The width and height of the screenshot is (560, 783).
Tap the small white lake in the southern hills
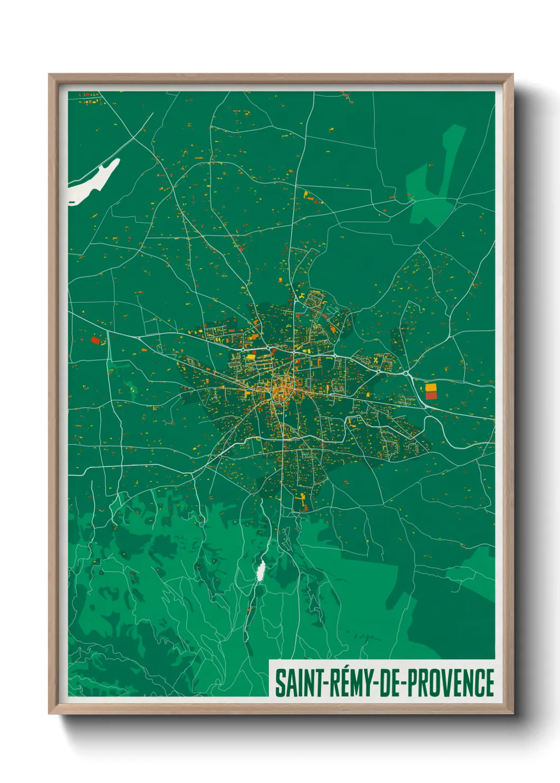pyautogui.click(x=260, y=571)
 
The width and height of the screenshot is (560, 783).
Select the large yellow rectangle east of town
pyautogui.click(x=431, y=387)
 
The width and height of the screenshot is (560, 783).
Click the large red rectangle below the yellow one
pyautogui.click(x=431, y=396)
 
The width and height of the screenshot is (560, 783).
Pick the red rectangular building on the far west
pyautogui.click(x=95, y=340)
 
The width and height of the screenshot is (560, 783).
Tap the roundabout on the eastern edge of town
pyautogui.click(x=406, y=374)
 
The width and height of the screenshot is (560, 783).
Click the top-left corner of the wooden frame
pyautogui.click(x=49, y=75)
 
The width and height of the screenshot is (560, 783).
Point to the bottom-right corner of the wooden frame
pyautogui.click(x=512, y=713)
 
